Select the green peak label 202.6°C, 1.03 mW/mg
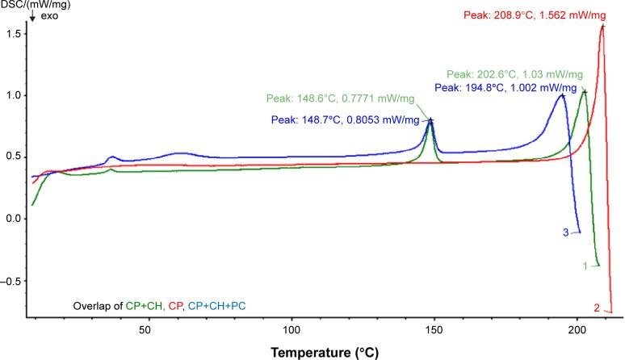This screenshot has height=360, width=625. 514,73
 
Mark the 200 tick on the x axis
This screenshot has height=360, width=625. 577,330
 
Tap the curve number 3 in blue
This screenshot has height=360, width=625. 565,232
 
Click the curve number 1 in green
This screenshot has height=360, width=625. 584,265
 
